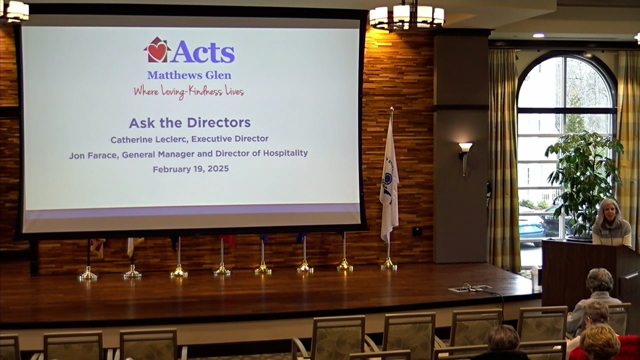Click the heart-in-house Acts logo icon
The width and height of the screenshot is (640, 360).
[x=157, y=50]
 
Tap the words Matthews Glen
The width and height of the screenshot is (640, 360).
[x=189, y=75]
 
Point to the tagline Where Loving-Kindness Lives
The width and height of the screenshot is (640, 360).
[x=189, y=92]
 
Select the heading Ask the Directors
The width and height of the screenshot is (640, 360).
[x=190, y=123]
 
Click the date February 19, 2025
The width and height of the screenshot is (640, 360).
[x=191, y=169]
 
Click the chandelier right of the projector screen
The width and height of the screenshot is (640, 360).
[x=407, y=16]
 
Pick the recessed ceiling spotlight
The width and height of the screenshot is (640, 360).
[x=538, y=35]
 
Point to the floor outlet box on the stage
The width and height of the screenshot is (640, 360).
[x=470, y=288]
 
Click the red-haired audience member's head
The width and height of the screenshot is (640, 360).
[x=599, y=342]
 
